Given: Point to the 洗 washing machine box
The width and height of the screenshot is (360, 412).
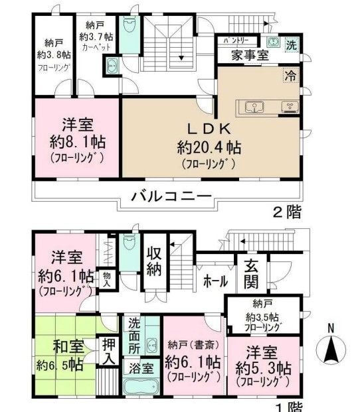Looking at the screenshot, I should pyautogui.click(x=290, y=46).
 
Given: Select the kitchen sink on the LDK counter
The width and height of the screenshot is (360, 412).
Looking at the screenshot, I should pyautogui.click(x=254, y=106).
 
